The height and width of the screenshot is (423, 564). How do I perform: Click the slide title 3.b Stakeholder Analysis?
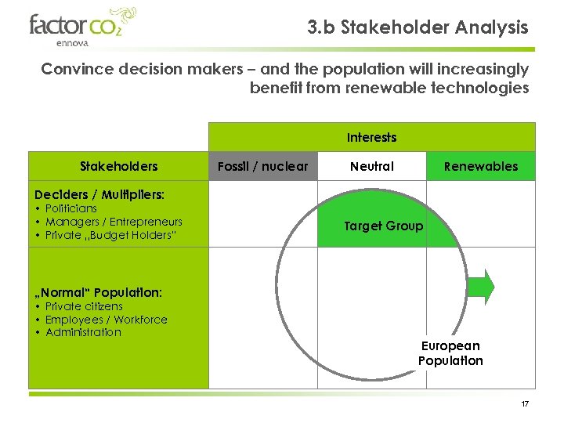(x=418, y=27)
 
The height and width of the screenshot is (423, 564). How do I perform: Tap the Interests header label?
(x=371, y=137)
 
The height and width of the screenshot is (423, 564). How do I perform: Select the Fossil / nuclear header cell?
(x=262, y=166)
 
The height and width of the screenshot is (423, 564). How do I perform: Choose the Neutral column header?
(x=372, y=166)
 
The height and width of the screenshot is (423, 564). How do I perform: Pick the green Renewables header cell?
(x=480, y=166)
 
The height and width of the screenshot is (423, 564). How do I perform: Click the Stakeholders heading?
(x=119, y=166)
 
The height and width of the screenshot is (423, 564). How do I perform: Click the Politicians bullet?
(x=71, y=208)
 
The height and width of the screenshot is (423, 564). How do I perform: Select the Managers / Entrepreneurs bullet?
(x=113, y=222)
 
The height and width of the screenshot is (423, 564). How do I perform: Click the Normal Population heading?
(x=98, y=292)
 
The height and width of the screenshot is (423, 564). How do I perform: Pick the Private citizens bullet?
(x=84, y=306)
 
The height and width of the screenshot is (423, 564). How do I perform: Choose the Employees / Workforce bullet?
(x=106, y=320)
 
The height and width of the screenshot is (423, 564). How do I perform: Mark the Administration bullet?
(x=83, y=332)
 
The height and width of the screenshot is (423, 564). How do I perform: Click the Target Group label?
(x=384, y=226)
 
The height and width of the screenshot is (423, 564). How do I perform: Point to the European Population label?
(x=450, y=353)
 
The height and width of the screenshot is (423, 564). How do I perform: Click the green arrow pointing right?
(x=486, y=287)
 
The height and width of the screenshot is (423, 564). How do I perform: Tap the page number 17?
(x=525, y=403)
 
